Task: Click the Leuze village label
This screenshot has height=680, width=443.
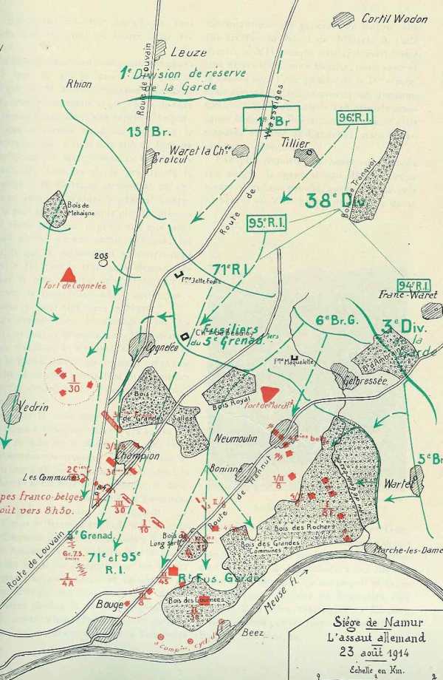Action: point(188,52)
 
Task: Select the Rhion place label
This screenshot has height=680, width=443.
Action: point(78,84)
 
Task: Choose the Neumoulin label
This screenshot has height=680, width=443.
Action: point(236,438)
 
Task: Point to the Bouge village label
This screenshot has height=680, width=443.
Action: point(87,604)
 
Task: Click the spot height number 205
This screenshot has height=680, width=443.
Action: point(102,256)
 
